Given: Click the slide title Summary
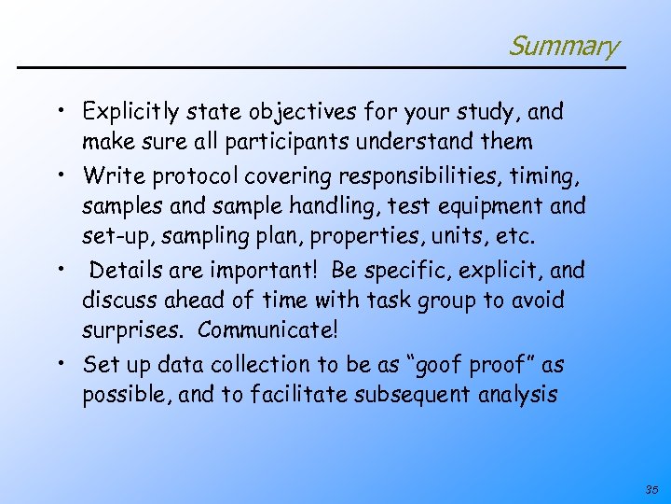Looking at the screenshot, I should click(563, 45).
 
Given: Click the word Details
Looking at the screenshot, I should click(126, 270).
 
